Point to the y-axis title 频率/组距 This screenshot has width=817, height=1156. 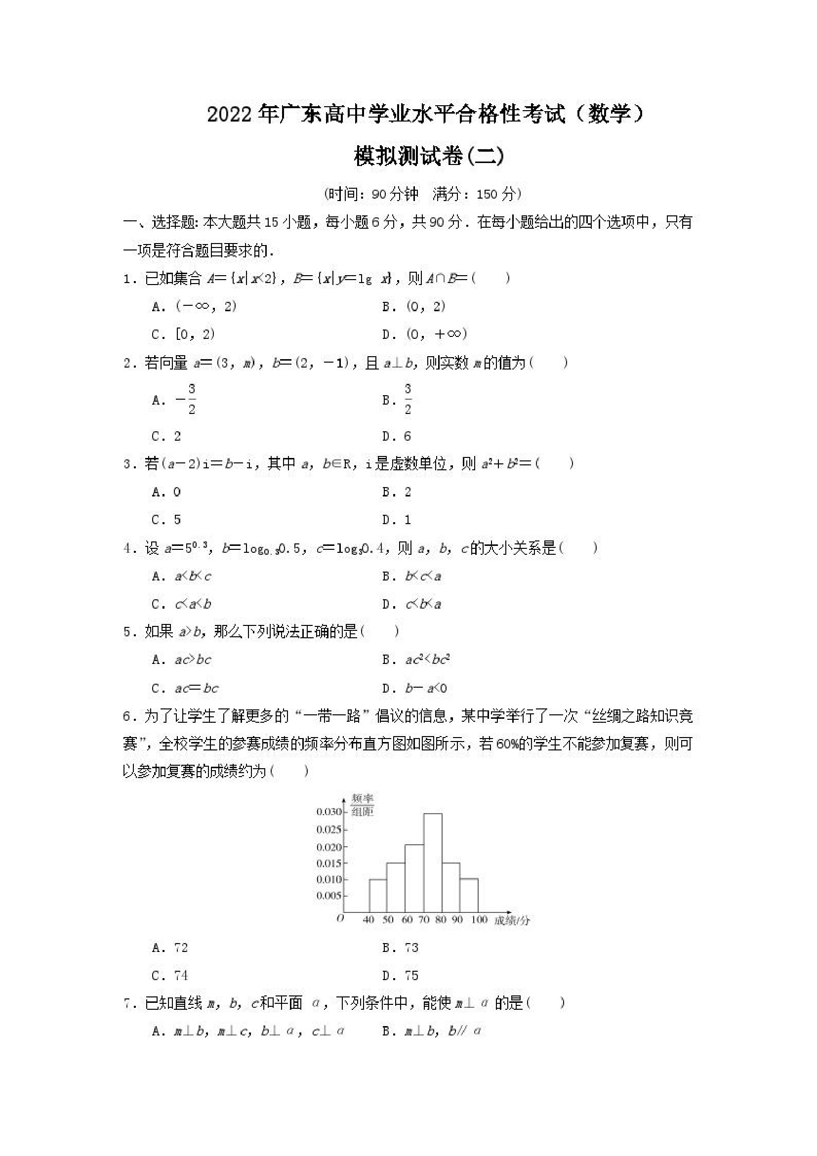point(363,805)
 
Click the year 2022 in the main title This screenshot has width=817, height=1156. point(229,115)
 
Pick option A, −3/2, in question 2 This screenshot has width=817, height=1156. point(174,400)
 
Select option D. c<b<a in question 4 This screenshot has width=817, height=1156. point(411,604)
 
